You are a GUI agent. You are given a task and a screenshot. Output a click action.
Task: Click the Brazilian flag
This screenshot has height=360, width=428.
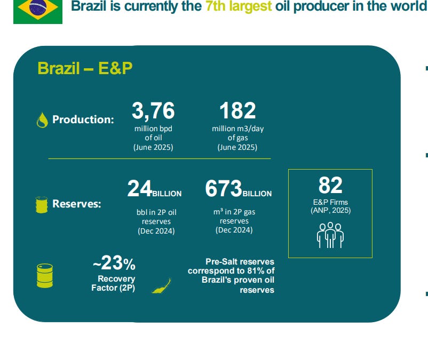pyautogui.click(x=38, y=12)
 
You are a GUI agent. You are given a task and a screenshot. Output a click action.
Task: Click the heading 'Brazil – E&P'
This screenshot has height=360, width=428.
pyautogui.click(x=85, y=68)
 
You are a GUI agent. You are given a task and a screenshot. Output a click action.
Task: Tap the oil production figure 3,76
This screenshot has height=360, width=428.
pyautogui.click(x=153, y=110)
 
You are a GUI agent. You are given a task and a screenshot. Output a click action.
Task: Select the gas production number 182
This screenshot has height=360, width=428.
pyautogui.click(x=237, y=110)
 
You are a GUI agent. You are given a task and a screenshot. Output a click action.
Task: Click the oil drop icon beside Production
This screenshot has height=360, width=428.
pyautogui.click(x=42, y=120)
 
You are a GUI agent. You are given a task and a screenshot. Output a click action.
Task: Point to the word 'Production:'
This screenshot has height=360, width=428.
pyautogui.click(x=83, y=119)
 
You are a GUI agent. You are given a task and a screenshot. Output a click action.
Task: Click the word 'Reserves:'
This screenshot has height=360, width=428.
pyautogui.click(x=77, y=204)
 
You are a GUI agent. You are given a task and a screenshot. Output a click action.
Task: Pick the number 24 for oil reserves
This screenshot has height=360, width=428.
pyautogui.click(x=139, y=188)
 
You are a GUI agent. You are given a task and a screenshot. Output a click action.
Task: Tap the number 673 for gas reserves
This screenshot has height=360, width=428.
pyautogui.click(x=224, y=188)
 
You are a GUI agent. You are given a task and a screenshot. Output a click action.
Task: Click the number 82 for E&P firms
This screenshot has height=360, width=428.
pyautogui.click(x=330, y=185)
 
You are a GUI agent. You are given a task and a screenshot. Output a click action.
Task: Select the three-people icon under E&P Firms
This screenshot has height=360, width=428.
pyautogui.click(x=330, y=235)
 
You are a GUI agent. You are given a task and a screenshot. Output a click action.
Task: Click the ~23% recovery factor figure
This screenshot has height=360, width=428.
pyautogui.click(x=114, y=263)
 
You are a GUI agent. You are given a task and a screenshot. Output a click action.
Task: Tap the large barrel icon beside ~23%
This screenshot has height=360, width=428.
pyautogui.click(x=45, y=276)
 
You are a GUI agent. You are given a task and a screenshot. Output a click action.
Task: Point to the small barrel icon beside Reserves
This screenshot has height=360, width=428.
pyautogui.click(x=42, y=205)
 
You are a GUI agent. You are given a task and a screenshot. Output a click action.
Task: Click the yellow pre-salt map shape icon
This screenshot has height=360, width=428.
pyautogui.click(x=161, y=286)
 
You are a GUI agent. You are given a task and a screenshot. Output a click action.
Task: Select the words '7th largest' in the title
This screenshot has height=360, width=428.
pyautogui.click(x=239, y=6)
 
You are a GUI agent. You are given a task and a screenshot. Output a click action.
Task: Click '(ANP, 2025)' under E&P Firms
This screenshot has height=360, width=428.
pyautogui.click(x=330, y=211)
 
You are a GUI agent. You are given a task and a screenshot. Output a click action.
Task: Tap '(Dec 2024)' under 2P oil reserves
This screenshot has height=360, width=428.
pyautogui.click(x=156, y=231)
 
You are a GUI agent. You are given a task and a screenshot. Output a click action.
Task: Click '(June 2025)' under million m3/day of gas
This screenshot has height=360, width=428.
pyautogui.click(x=237, y=147)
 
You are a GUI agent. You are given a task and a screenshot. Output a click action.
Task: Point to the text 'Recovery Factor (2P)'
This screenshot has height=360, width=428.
pyautogui.click(x=113, y=283)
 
